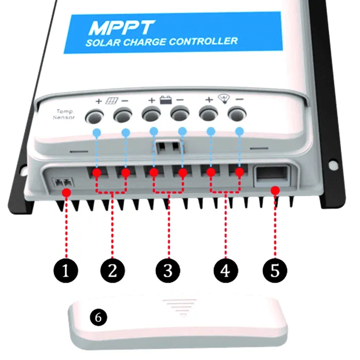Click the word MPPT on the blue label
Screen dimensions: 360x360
pos(121,28)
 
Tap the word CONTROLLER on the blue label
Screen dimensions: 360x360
pos(203,41)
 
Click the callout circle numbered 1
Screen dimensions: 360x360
pos(66,271)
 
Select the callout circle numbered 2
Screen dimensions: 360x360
pos(113,271)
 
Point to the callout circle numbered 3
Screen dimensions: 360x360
pos(168,271)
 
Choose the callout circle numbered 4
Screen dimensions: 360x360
pos(226,271)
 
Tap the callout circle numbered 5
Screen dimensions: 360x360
pos(275,271)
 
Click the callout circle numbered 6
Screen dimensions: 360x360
pos(99,317)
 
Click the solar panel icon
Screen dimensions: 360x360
pos(112,101)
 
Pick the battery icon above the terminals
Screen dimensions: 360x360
pos(166,100)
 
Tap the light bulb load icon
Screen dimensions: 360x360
pos(224,99)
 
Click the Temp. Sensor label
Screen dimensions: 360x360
pos(64,114)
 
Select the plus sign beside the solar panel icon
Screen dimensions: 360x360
pos(99,101)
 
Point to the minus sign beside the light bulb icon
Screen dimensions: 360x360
pos(240,99)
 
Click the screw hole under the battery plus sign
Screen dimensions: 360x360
pos(151,114)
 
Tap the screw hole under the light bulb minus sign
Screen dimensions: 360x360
pos(237,114)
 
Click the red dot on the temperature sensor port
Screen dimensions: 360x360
pos(66,192)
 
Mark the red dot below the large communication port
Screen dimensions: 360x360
pos(275,190)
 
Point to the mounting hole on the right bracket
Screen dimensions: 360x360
pos(333,165)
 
